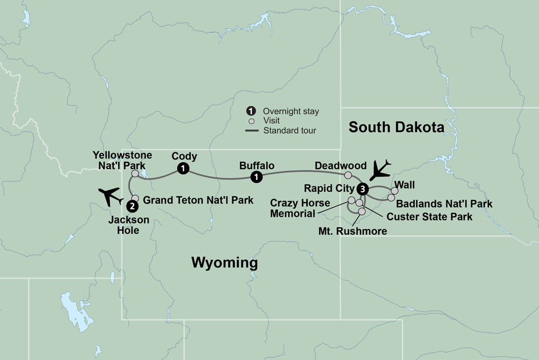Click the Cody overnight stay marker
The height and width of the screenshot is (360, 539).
click(x=184, y=169)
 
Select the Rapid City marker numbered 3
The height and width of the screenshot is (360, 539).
click(x=363, y=189)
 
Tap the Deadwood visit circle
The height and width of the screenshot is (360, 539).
click(x=348, y=175)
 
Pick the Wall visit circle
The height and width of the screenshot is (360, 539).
click(x=395, y=190)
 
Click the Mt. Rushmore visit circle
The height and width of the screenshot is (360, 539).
click(x=362, y=211)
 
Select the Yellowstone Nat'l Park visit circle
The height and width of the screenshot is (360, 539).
click(x=135, y=174)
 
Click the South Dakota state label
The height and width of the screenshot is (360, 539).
click(x=396, y=127)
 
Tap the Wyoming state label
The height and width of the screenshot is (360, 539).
click(x=225, y=263)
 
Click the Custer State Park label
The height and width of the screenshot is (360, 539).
click(x=430, y=217)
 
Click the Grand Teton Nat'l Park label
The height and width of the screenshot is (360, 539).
click(x=199, y=200)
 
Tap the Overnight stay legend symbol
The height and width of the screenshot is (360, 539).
click(x=251, y=111)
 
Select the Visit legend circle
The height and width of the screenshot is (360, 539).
click(x=251, y=121)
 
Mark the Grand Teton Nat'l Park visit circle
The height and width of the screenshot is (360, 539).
click(x=136, y=198)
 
